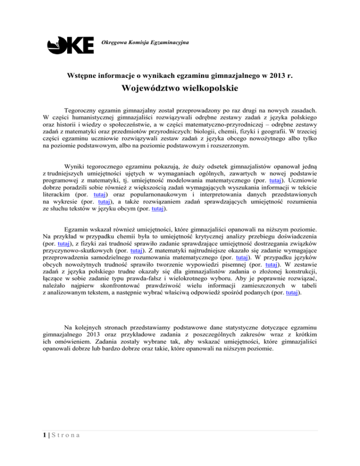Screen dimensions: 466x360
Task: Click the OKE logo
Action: pos(70,45)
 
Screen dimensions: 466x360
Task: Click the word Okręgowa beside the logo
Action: pos(114,43)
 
